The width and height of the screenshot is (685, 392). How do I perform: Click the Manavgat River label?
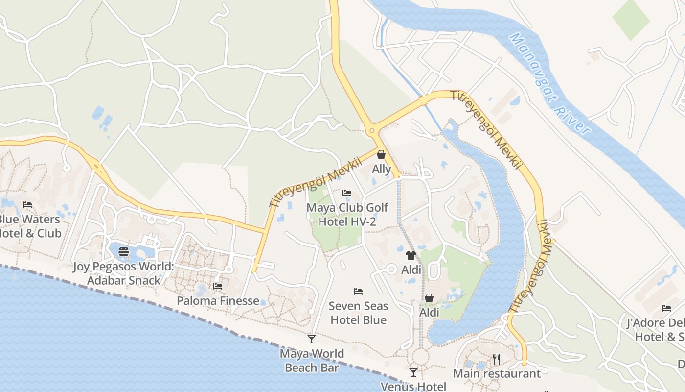click(x=549, y=83)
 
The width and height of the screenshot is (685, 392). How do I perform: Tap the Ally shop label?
click(x=382, y=169)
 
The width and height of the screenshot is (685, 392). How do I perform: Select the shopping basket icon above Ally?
click(x=381, y=155)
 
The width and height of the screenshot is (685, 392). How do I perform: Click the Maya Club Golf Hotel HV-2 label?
click(x=347, y=215)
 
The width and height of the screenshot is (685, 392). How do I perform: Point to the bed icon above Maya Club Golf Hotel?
click(x=347, y=193)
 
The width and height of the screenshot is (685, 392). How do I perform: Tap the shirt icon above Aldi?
click(x=411, y=255)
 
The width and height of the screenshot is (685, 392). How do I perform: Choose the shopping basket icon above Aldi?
click(x=429, y=298)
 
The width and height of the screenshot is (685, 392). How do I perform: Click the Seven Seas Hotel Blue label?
click(x=358, y=313)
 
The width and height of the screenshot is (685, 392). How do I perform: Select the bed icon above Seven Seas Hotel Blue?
click(x=358, y=292)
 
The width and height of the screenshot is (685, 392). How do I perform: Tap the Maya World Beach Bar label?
click(x=312, y=360)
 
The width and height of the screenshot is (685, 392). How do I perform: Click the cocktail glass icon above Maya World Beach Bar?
click(x=312, y=339)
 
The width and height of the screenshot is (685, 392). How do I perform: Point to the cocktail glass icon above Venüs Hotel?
click(x=413, y=372)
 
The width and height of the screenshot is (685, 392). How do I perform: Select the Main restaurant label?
click(x=497, y=373)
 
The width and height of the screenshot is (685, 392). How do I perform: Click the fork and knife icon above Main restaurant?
click(x=497, y=359)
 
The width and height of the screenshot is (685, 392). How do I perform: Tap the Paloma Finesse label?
click(x=218, y=300)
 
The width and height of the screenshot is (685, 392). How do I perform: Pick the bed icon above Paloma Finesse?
click(x=218, y=286)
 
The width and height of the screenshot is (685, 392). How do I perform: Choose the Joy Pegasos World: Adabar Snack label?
click(x=124, y=274)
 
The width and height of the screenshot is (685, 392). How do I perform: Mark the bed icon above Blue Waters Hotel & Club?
click(x=27, y=205)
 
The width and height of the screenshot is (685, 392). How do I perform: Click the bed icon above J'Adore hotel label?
click(x=666, y=308)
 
